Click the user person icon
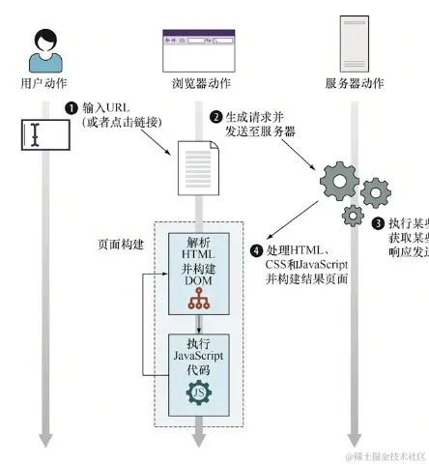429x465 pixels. (43, 50)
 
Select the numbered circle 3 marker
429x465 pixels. (378, 223)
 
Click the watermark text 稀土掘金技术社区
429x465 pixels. (386, 455)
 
